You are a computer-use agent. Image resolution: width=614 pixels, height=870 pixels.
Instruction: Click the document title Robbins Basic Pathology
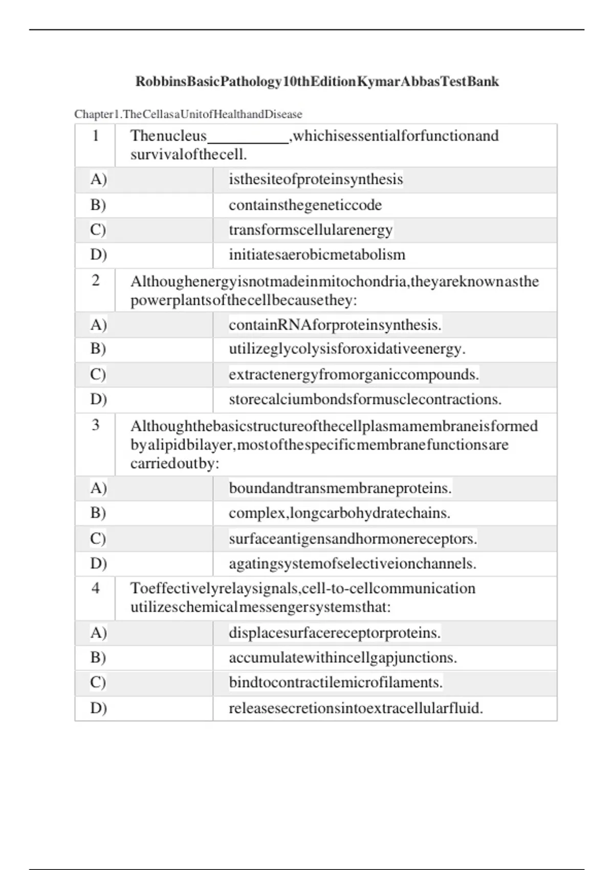pyautogui.click(x=317, y=81)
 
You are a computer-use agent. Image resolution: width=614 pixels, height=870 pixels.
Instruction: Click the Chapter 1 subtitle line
pyautogui.click(x=188, y=114)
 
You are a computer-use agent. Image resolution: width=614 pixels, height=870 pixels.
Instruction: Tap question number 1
pyautogui.click(x=95, y=136)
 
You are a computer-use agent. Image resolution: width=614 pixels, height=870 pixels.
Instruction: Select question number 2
pyautogui.click(x=95, y=280)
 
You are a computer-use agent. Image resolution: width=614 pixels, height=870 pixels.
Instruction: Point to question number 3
pyautogui.click(x=95, y=425)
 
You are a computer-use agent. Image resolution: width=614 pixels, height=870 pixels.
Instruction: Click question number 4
pyautogui.click(x=95, y=588)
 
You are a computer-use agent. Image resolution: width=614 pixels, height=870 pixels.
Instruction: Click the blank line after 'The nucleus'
pyautogui.click(x=248, y=139)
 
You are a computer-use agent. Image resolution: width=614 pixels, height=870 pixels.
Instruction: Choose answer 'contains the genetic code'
pyautogui.click(x=305, y=205)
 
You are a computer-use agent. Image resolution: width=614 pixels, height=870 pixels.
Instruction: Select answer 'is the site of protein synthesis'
pyautogui.click(x=316, y=180)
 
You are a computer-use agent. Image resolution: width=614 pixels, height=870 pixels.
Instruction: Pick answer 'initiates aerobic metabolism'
pyautogui.click(x=317, y=255)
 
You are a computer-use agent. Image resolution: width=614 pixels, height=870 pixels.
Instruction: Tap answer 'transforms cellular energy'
pyautogui.click(x=311, y=230)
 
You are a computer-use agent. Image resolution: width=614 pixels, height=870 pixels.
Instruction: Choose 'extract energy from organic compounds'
pyautogui.click(x=354, y=375)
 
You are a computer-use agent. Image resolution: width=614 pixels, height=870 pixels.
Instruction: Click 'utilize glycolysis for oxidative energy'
pyautogui.click(x=347, y=349)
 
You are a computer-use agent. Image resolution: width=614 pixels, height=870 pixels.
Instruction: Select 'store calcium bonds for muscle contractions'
pyautogui.click(x=365, y=399)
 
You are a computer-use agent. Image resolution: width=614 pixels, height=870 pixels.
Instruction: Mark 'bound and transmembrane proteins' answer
pyautogui.click(x=340, y=488)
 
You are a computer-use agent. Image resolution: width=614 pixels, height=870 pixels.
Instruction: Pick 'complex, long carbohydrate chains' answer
pyautogui.click(x=339, y=513)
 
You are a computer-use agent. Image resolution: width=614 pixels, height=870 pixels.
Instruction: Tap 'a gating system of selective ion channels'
pyautogui.click(x=353, y=563)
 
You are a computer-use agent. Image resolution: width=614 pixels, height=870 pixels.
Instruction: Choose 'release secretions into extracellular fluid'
pyautogui.click(x=356, y=708)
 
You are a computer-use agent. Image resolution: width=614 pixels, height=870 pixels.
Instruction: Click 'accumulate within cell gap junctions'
pyautogui.click(x=343, y=658)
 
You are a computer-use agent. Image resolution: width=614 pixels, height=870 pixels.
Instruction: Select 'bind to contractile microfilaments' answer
pyautogui.click(x=336, y=683)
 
